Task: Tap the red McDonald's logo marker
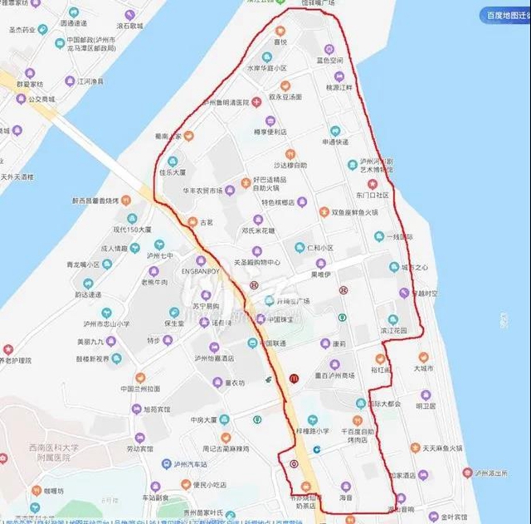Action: pyautogui.click(x=294, y=378)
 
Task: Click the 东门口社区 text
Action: pyautogui.click(x=371, y=196)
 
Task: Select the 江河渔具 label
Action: pyautogui.click(x=90, y=81)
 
